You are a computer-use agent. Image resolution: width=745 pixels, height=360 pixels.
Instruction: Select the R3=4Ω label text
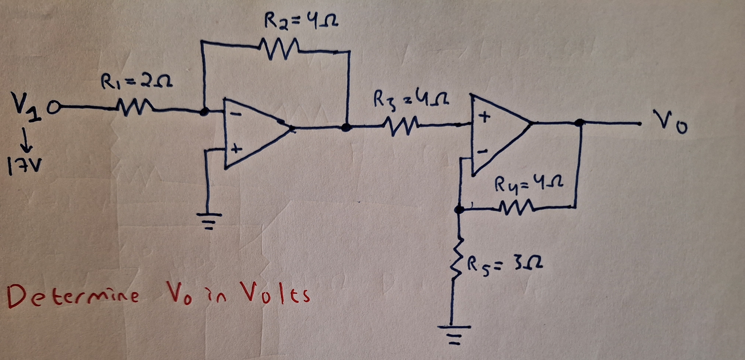pyautogui.click(x=411, y=99)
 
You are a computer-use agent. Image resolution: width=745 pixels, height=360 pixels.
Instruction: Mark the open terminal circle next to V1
pyautogui.click(x=55, y=106)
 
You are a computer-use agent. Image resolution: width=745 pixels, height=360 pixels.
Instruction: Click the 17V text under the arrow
pyautogui.click(x=24, y=167)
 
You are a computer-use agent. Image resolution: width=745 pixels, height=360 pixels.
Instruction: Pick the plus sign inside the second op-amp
pyautogui.click(x=484, y=116)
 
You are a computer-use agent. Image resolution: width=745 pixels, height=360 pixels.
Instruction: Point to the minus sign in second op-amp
pyautogui.click(x=482, y=152)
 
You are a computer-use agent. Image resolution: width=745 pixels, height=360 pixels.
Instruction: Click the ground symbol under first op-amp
pyautogui.click(x=210, y=220)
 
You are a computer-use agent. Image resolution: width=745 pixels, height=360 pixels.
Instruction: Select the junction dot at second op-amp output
pyautogui.click(x=579, y=123)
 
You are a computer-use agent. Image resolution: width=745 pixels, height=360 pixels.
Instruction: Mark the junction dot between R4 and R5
pyautogui.click(x=459, y=209)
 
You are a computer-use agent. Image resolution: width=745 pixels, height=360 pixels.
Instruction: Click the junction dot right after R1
pyautogui.click(x=204, y=112)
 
